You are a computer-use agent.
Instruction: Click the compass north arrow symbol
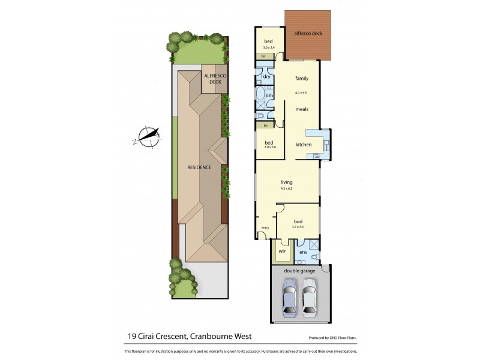pyautogui.click(x=148, y=136)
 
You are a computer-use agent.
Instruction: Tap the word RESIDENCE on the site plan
pyautogui.click(x=199, y=167)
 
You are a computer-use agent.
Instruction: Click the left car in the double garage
pyautogui.click(x=289, y=301)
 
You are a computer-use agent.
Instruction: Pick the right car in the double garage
pyautogui.click(x=310, y=301)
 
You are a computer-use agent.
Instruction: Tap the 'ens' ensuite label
pyautogui.click(x=303, y=253)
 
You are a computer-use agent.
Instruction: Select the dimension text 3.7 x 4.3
pyautogui.click(x=298, y=227)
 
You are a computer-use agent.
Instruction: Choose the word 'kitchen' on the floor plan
pyautogui.click(x=304, y=145)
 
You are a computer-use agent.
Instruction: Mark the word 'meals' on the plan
pyautogui.click(x=301, y=109)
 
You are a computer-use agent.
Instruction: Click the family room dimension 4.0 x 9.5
pyautogui.click(x=301, y=93)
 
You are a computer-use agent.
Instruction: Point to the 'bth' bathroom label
pyautogui.click(x=269, y=95)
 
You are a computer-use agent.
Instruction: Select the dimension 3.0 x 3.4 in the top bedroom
pyautogui.click(x=269, y=47)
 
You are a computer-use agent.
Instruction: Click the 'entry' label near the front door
pyautogui.click(x=265, y=227)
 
